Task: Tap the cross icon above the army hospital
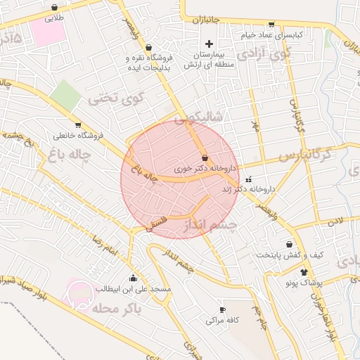(x=209, y=44)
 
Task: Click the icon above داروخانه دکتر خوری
(x=205, y=157)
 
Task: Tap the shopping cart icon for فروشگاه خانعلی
(x=78, y=124)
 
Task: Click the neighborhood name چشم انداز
(x=211, y=225)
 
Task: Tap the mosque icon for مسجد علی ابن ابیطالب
(x=134, y=278)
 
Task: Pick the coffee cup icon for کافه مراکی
(x=223, y=309)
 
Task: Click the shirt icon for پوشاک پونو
(x=304, y=272)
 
